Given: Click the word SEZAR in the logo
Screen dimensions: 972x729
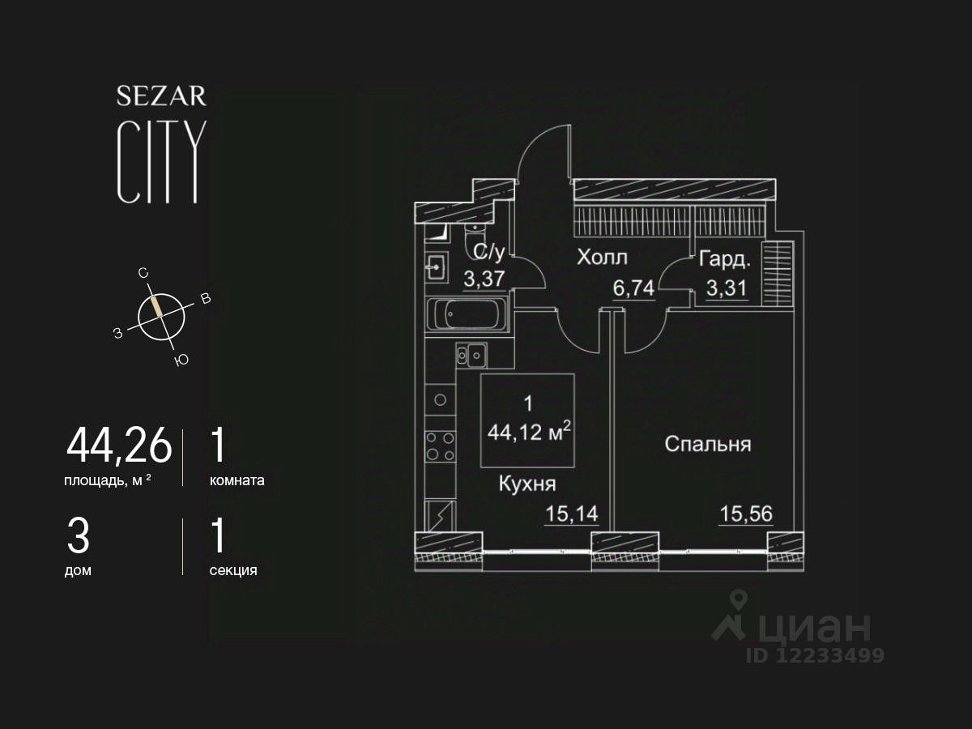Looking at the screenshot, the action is (x=161, y=96).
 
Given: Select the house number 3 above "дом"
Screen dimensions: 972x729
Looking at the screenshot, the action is (x=79, y=536).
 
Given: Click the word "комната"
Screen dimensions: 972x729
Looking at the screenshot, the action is (x=237, y=480).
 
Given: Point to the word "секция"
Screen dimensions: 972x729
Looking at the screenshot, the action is (x=233, y=570).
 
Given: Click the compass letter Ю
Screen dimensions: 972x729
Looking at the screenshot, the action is (x=181, y=360).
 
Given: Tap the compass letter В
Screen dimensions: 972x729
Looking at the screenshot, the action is (x=206, y=300).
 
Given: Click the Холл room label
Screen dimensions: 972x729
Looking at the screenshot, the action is (x=602, y=258).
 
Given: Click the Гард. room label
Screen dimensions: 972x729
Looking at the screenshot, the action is (x=725, y=260).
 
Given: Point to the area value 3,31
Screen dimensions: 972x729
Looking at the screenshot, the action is (x=726, y=289).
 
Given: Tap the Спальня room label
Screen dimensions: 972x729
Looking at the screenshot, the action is (x=708, y=444).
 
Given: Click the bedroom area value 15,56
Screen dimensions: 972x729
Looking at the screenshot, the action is (x=746, y=514).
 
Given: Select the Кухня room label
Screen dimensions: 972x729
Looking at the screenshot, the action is (x=526, y=484).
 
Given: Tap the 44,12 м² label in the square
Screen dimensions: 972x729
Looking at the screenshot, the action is (x=530, y=433).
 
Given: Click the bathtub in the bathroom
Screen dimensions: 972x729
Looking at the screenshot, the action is (x=466, y=314).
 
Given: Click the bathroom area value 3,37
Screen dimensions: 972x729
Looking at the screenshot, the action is (x=484, y=279).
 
